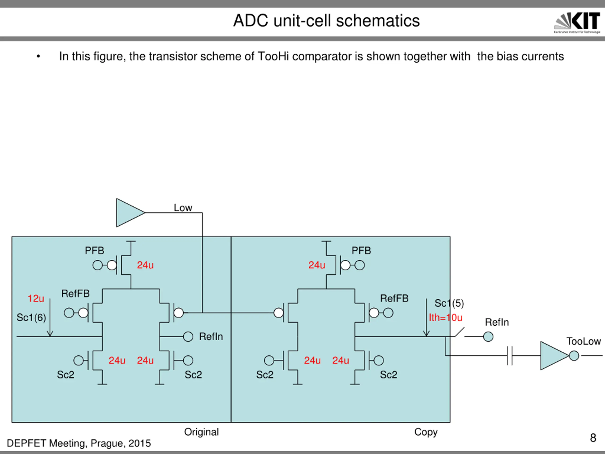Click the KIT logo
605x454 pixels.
pos(577,23)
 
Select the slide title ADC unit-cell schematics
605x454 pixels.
pos(326,21)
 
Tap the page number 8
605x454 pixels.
pos(593,438)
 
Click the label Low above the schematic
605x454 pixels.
pos(183,208)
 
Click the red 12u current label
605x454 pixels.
pos(36,298)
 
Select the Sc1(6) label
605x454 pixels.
pos(31,317)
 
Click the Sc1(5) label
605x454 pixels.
pos(449,303)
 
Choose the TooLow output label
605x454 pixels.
pos(583,341)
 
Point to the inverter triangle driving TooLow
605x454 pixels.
pos(555,356)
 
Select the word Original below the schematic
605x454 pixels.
pos(201,432)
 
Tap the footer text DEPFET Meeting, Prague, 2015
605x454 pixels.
pos(79,443)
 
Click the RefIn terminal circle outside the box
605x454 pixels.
pos(488,337)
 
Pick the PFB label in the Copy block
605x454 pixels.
pos(361,250)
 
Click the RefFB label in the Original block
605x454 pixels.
pos(75,293)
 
